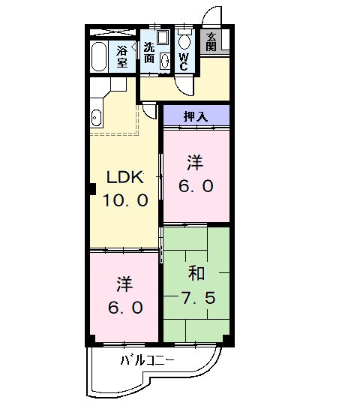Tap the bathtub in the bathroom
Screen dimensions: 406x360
click(99, 56)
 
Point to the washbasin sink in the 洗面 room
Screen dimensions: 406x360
click(164, 62)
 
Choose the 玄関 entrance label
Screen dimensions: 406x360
click(212, 41)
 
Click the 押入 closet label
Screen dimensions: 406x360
click(196, 116)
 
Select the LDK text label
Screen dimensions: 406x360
click(124, 178)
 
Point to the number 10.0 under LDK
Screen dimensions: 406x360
click(125, 200)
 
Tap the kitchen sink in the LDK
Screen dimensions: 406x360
click(96, 117)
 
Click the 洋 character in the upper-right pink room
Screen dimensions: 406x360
click(196, 161)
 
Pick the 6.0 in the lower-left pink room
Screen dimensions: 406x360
click(125, 308)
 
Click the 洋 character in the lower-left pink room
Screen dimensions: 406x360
click(125, 284)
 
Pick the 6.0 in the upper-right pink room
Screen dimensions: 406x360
click(196, 185)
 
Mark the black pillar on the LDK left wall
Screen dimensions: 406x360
click(88, 188)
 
